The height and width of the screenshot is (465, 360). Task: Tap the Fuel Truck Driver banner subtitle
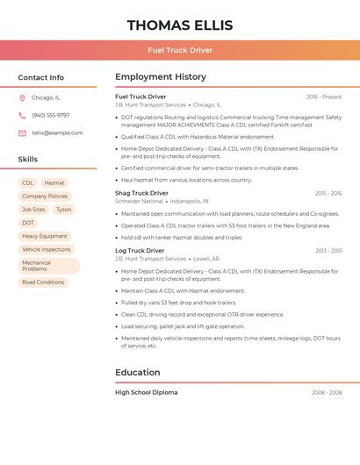tap(180, 50)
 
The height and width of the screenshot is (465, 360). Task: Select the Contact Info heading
tap(40, 77)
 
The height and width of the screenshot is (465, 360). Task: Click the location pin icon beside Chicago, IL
tap(22, 97)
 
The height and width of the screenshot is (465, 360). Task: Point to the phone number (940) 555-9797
tap(50, 115)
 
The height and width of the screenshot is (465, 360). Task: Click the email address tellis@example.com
tap(57, 132)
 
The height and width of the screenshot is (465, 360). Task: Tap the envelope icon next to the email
tap(22, 132)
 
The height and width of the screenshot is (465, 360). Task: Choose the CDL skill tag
tap(28, 183)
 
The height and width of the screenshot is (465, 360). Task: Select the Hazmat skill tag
tap(54, 183)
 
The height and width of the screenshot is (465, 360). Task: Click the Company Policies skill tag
tap(45, 197)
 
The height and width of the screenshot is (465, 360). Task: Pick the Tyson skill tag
tap(63, 210)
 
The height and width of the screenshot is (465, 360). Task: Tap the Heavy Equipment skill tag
tap(45, 236)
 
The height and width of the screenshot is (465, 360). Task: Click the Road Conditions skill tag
tap(43, 282)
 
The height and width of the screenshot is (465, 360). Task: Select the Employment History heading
tap(161, 77)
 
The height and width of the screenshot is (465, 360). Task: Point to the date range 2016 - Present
tap(324, 97)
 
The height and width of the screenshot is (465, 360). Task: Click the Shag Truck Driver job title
tap(141, 193)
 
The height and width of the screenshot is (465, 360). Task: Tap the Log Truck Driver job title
tap(140, 251)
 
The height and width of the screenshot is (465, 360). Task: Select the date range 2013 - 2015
tap(328, 251)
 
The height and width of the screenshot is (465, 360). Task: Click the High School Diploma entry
tap(146, 392)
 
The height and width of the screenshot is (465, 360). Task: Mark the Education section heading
tap(138, 372)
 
